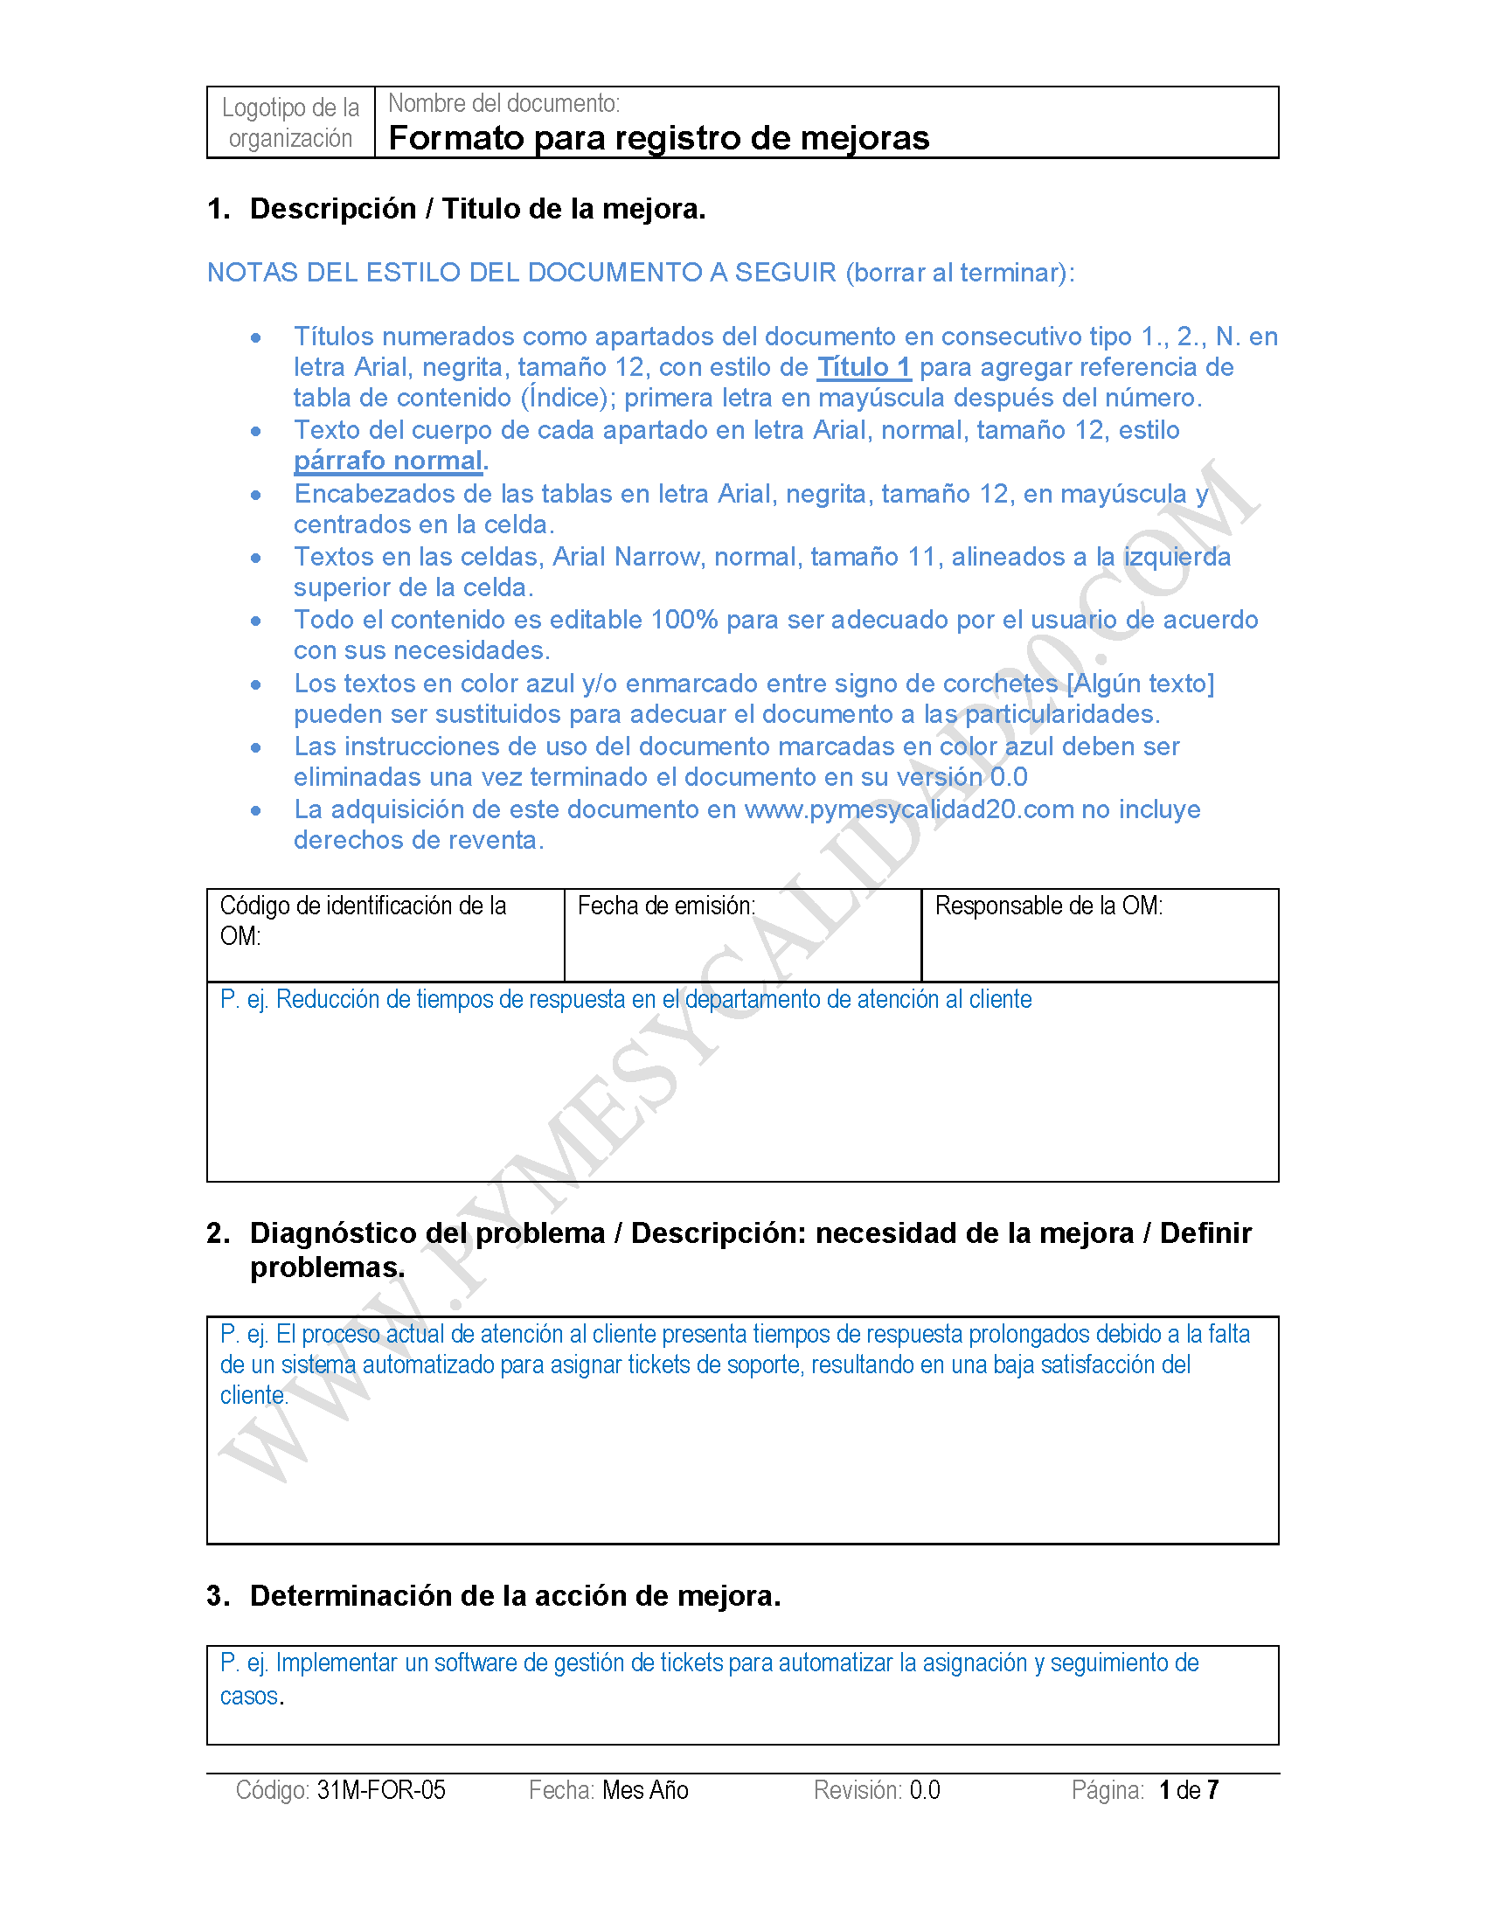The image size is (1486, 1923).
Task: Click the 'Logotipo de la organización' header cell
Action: click(290, 122)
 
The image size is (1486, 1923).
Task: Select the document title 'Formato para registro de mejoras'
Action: click(658, 138)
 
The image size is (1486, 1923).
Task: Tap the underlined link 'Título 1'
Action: click(863, 367)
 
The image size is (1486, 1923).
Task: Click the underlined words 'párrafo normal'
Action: click(387, 461)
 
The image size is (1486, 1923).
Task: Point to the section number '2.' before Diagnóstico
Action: click(218, 1233)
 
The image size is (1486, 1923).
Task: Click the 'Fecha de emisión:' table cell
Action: click(742, 934)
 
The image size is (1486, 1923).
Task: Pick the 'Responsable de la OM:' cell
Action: click(1100, 934)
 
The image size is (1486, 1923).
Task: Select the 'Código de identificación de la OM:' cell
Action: click(385, 934)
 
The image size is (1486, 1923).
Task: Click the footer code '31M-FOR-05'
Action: click(381, 1790)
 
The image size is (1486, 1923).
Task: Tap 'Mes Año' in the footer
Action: click(645, 1790)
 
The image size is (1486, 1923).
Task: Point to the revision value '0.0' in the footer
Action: click(924, 1790)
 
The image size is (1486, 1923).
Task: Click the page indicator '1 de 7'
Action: click(1189, 1790)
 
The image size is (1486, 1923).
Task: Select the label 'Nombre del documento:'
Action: click(503, 104)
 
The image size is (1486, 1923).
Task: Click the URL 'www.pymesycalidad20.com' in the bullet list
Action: click(908, 809)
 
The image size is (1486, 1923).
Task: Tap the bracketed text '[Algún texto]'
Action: click(1140, 684)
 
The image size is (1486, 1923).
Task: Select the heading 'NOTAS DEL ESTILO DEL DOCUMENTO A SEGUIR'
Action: click(521, 273)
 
